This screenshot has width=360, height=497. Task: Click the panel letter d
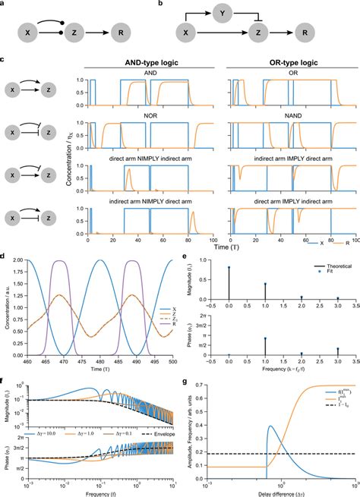point(5,257)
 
